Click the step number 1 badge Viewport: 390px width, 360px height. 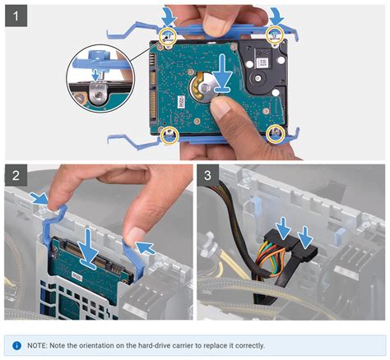coord(16,16)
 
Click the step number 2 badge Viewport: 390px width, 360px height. coord(16,175)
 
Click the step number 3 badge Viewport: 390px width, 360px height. coord(207,175)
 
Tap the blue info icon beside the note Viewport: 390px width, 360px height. coord(16,345)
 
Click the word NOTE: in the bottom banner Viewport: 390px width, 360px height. coord(37,345)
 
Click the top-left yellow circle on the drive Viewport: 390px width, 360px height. coord(168,37)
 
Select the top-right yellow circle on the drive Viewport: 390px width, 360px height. coord(275,34)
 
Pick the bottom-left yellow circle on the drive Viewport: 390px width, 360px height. coord(169,136)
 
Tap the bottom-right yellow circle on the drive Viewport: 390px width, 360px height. coord(275,134)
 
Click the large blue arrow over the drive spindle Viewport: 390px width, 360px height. coord(222,72)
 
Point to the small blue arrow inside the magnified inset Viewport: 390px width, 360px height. coord(95,75)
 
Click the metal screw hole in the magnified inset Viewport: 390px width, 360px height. coord(97,95)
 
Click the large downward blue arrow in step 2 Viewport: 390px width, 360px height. coord(88,248)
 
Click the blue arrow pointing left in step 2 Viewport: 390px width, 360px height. coord(146,247)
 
